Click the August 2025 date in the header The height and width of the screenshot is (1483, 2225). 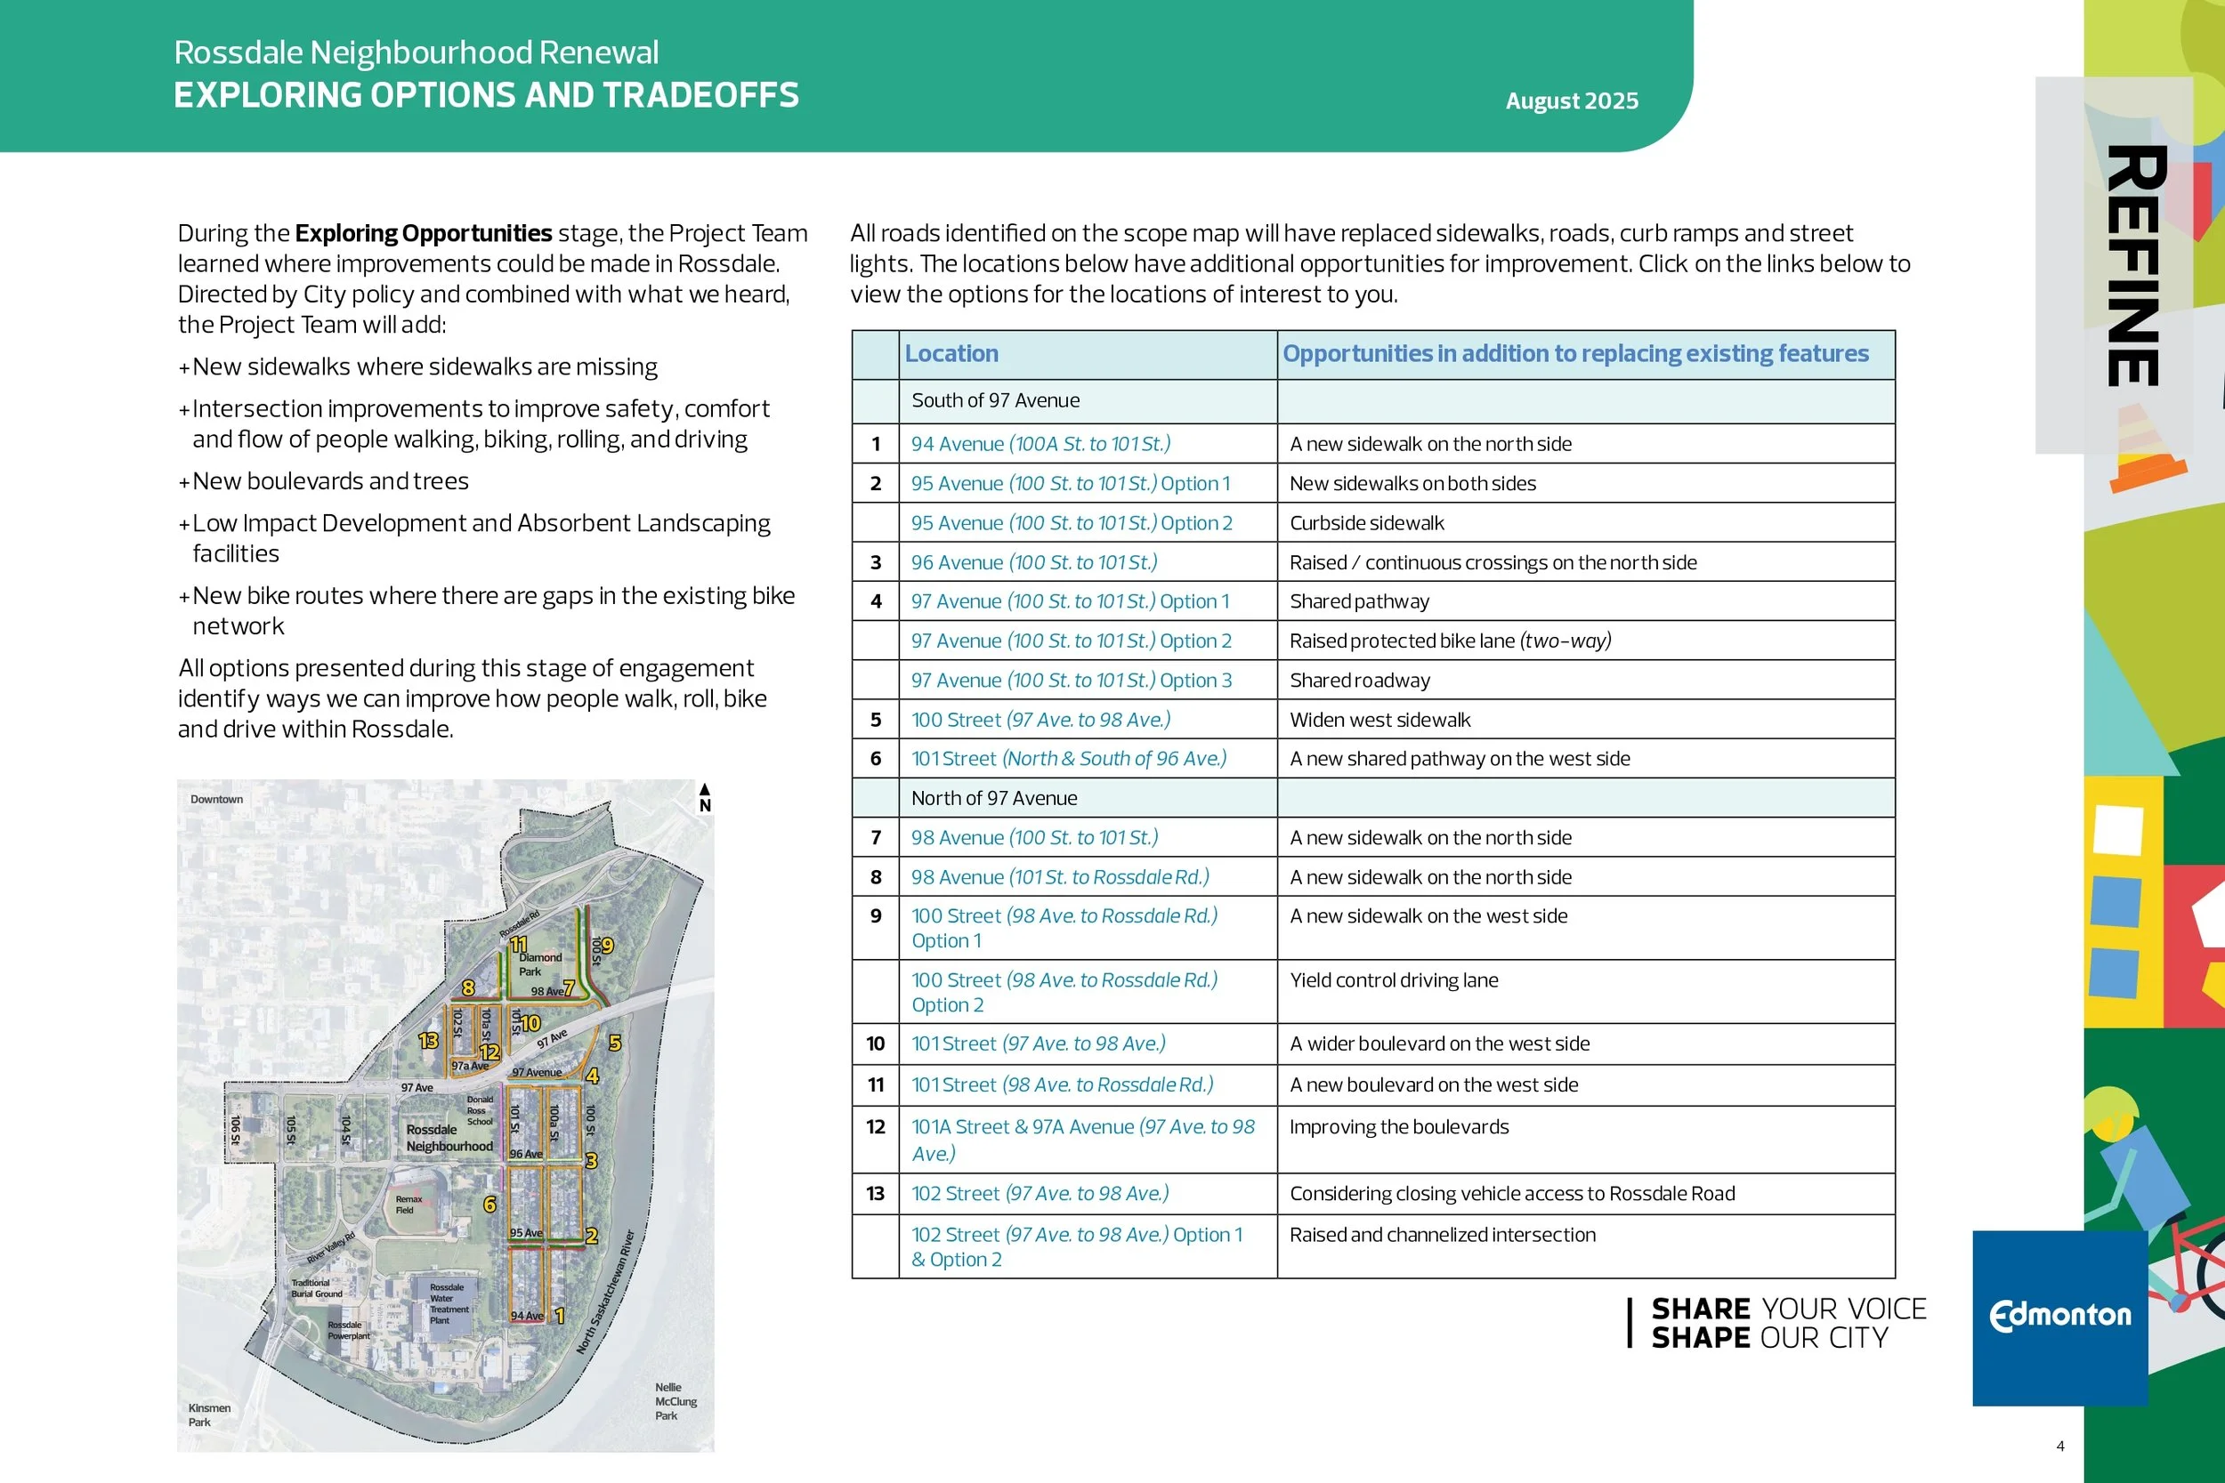[1572, 101]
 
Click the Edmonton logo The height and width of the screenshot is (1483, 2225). [2059, 1316]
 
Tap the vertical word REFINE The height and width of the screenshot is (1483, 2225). [2134, 266]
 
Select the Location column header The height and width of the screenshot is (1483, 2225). [951, 354]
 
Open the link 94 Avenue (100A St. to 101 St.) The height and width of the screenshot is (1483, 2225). [1040, 444]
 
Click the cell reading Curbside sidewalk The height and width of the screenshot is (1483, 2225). [1366, 523]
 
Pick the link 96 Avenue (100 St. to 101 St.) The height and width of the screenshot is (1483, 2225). [1033, 563]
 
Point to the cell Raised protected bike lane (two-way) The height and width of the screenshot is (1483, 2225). [1449, 641]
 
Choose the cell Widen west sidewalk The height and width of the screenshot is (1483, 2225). [1379, 720]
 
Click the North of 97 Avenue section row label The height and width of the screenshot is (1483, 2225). [993, 798]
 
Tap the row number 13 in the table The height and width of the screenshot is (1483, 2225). [875, 1194]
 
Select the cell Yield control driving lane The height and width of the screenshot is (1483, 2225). [1394, 980]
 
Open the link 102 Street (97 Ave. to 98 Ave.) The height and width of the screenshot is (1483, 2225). [1040, 1194]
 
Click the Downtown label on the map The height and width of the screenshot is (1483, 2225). [216, 799]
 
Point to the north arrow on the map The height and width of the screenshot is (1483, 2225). [704, 796]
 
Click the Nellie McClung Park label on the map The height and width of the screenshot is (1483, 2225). [676, 1402]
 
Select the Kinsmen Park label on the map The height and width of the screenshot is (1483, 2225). [208, 1414]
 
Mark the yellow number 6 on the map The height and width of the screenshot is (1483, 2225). [489, 1204]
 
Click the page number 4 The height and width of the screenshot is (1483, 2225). [2059, 1447]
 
